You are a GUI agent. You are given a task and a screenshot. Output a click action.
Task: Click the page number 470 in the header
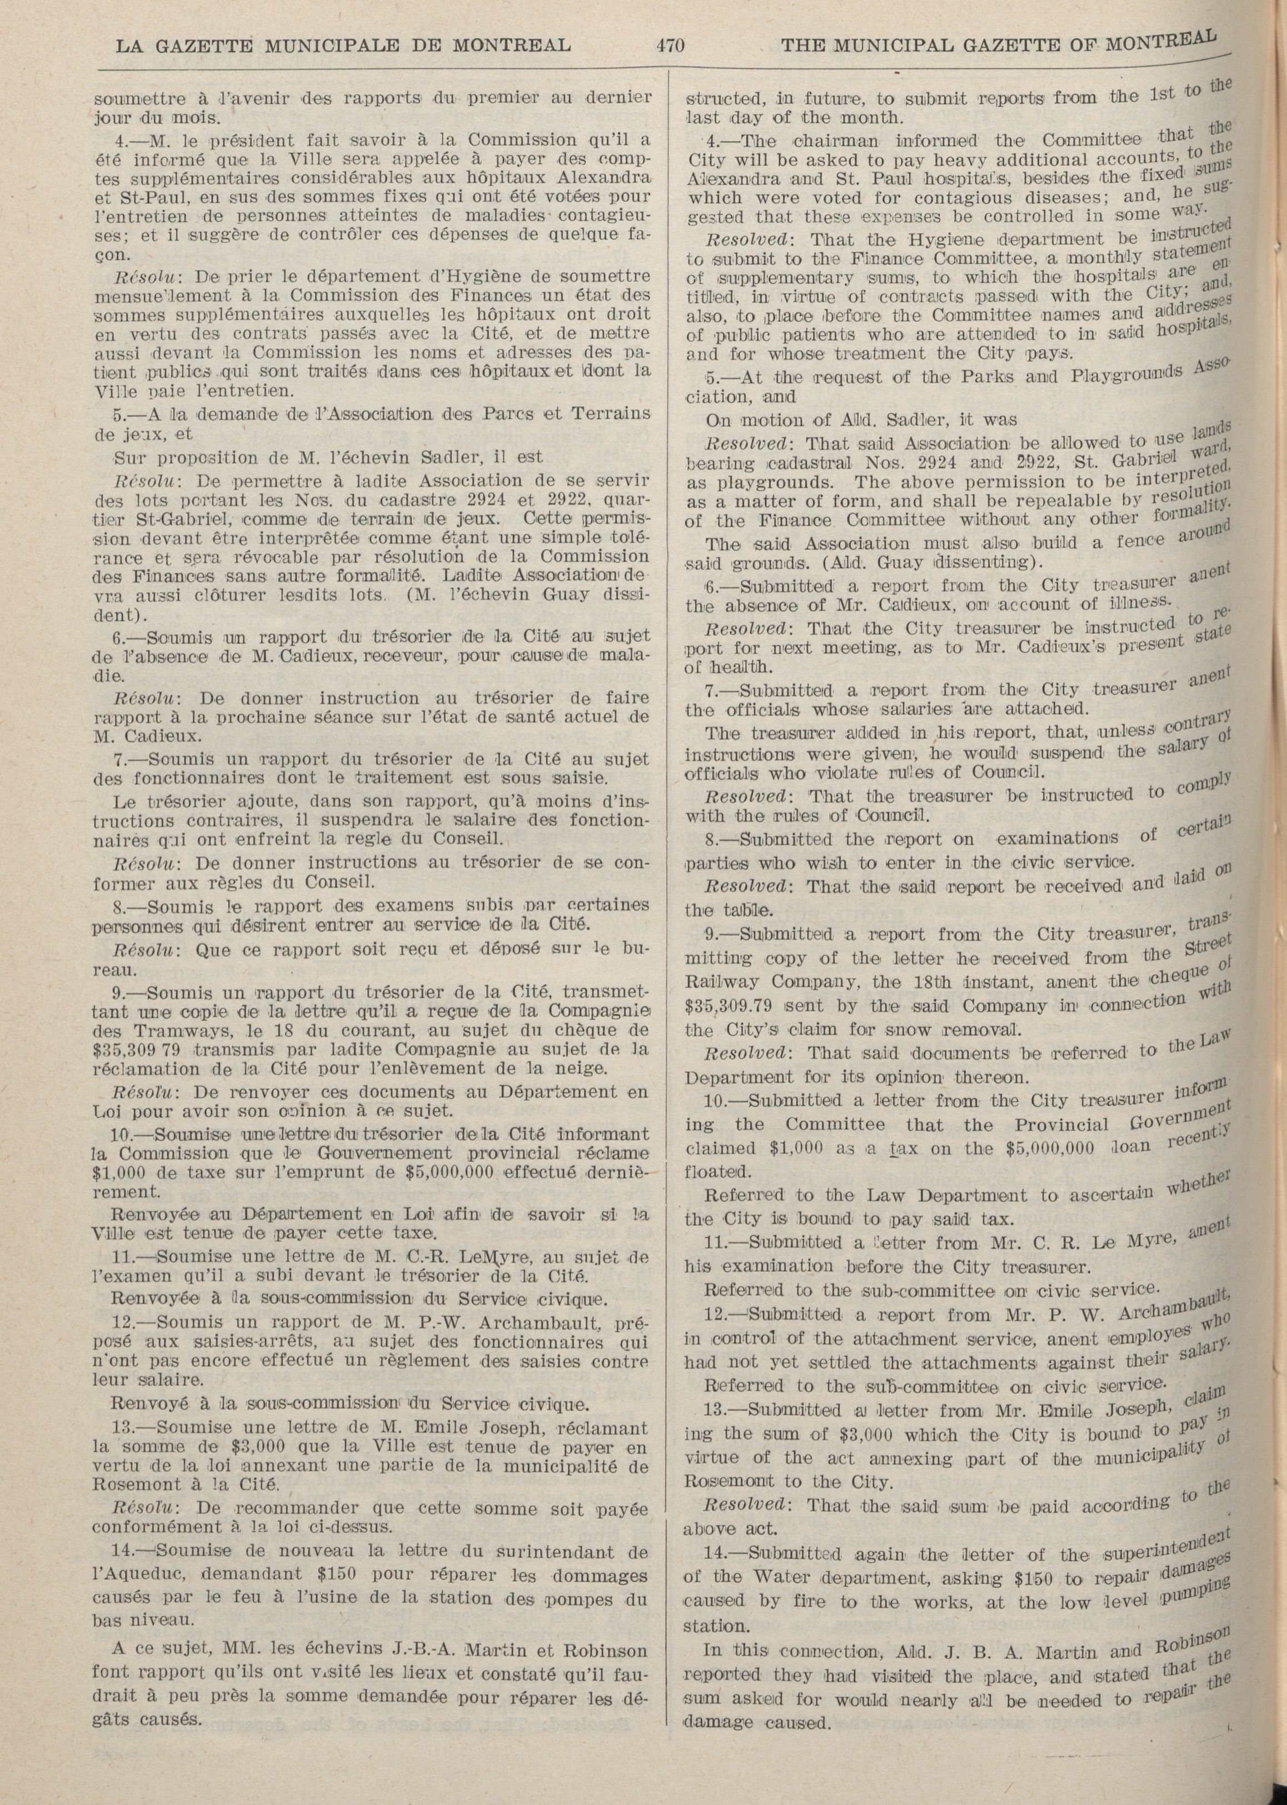[670, 44]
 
